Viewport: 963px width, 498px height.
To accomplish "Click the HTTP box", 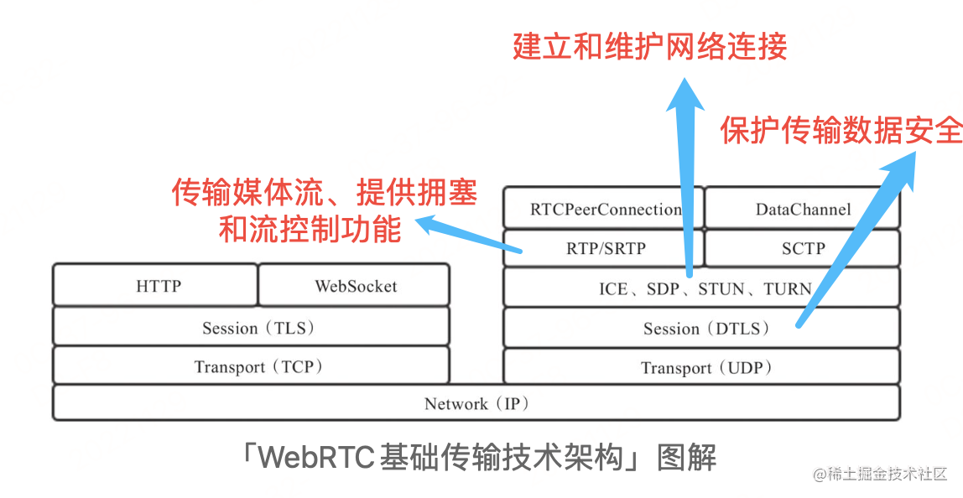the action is [x=155, y=285].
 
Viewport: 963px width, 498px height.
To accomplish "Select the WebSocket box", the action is [x=354, y=285].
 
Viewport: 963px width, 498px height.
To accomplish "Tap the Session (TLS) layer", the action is [x=251, y=326].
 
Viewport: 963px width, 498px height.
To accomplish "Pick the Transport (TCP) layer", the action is [x=251, y=366].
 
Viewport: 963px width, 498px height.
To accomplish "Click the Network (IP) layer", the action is [x=476, y=402].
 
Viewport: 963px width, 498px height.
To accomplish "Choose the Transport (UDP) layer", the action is [x=701, y=366].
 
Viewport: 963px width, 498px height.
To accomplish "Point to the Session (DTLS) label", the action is [x=706, y=329].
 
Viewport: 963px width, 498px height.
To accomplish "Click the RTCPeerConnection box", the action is [x=603, y=208].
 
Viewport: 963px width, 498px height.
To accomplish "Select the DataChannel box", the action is [x=802, y=208].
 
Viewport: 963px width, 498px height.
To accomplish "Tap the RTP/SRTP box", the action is [x=603, y=248].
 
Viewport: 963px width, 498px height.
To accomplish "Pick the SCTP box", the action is [x=802, y=248].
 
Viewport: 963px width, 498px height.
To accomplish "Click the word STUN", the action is [x=721, y=288].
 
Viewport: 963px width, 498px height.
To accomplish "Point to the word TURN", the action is [x=788, y=288].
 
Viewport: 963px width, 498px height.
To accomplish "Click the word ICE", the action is [x=613, y=288].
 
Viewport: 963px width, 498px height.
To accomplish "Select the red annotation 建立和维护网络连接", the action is [x=650, y=47].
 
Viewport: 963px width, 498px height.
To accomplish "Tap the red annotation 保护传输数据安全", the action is [x=841, y=130].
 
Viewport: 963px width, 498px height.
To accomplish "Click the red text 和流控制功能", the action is [x=310, y=228].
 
